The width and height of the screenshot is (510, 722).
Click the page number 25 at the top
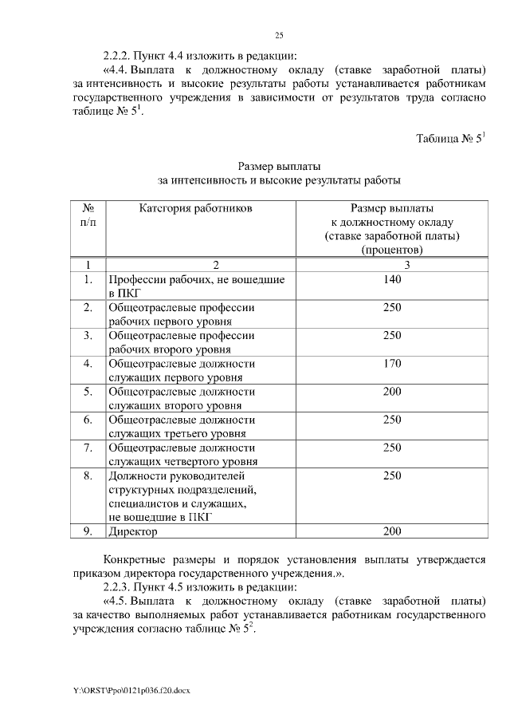click(280, 34)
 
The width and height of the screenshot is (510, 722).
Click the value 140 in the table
click(391, 280)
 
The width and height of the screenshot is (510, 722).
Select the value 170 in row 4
click(391, 364)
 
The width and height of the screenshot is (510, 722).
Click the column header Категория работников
click(196, 209)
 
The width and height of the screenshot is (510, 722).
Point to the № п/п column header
click(88, 215)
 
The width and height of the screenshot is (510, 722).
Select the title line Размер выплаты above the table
click(279, 166)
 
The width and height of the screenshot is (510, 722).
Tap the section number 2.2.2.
click(118, 56)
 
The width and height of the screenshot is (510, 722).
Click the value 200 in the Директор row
click(391, 531)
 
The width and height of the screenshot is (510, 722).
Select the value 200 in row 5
click(391, 392)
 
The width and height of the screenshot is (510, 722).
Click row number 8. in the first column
click(88, 475)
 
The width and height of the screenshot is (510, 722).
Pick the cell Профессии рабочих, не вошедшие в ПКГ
click(196, 286)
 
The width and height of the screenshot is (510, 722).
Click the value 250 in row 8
click(391, 475)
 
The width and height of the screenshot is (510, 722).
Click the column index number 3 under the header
click(391, 265)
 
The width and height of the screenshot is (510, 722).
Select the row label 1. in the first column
click(88, 280)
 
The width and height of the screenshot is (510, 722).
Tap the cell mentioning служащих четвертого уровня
click(196, 454)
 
